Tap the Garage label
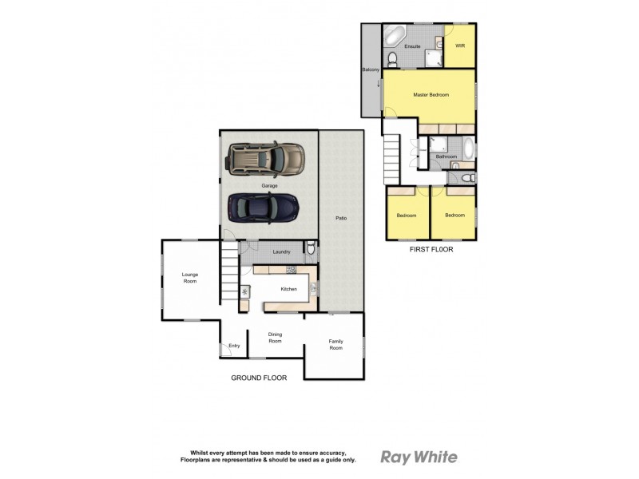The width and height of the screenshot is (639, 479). tap(268, 185)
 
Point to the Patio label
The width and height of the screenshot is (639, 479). tap(341, 218)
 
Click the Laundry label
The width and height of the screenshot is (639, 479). tap(281, 252)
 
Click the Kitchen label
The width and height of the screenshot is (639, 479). tap(288, 288)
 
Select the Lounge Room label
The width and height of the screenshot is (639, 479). tap(189, 278)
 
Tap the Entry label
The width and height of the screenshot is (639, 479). tap(234, 346)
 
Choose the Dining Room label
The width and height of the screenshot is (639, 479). tap(275, 338)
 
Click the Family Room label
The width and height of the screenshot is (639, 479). tap(335, 345)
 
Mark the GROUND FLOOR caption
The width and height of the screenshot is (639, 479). tap(258, 378)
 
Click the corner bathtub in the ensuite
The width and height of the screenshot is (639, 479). tap(395, 36)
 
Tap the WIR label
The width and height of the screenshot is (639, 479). tap(459, 46)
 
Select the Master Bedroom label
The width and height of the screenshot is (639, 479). tap(431, 95)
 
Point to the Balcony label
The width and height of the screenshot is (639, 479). tap(371, 70)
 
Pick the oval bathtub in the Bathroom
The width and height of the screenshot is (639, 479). tap(468, 148)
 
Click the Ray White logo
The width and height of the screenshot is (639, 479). tap(419, 457)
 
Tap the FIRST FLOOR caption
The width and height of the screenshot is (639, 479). tap(431, 249)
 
